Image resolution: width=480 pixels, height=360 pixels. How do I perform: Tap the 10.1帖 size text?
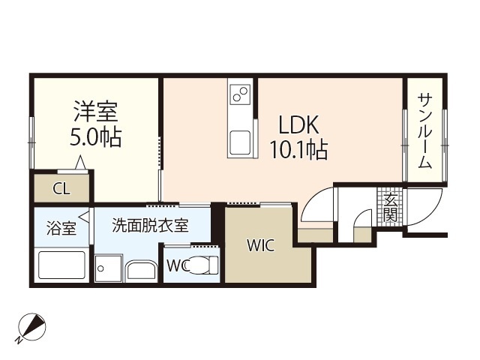click(298, 151)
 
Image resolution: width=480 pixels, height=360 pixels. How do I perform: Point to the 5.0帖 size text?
click(94, 139)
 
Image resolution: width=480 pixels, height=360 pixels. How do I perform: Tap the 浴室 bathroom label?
click(61, 228)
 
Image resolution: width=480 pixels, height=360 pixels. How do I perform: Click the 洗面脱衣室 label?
click(150, 225)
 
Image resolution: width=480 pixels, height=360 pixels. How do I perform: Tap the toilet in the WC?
click(203, 265)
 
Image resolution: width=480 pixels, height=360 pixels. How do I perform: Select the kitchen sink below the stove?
click(241, 141)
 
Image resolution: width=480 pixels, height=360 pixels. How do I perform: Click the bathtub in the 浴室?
click(61, 265)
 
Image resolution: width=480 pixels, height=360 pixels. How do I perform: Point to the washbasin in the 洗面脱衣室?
click(141, 269)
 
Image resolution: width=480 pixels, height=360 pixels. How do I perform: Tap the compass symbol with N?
click(31, 328)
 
